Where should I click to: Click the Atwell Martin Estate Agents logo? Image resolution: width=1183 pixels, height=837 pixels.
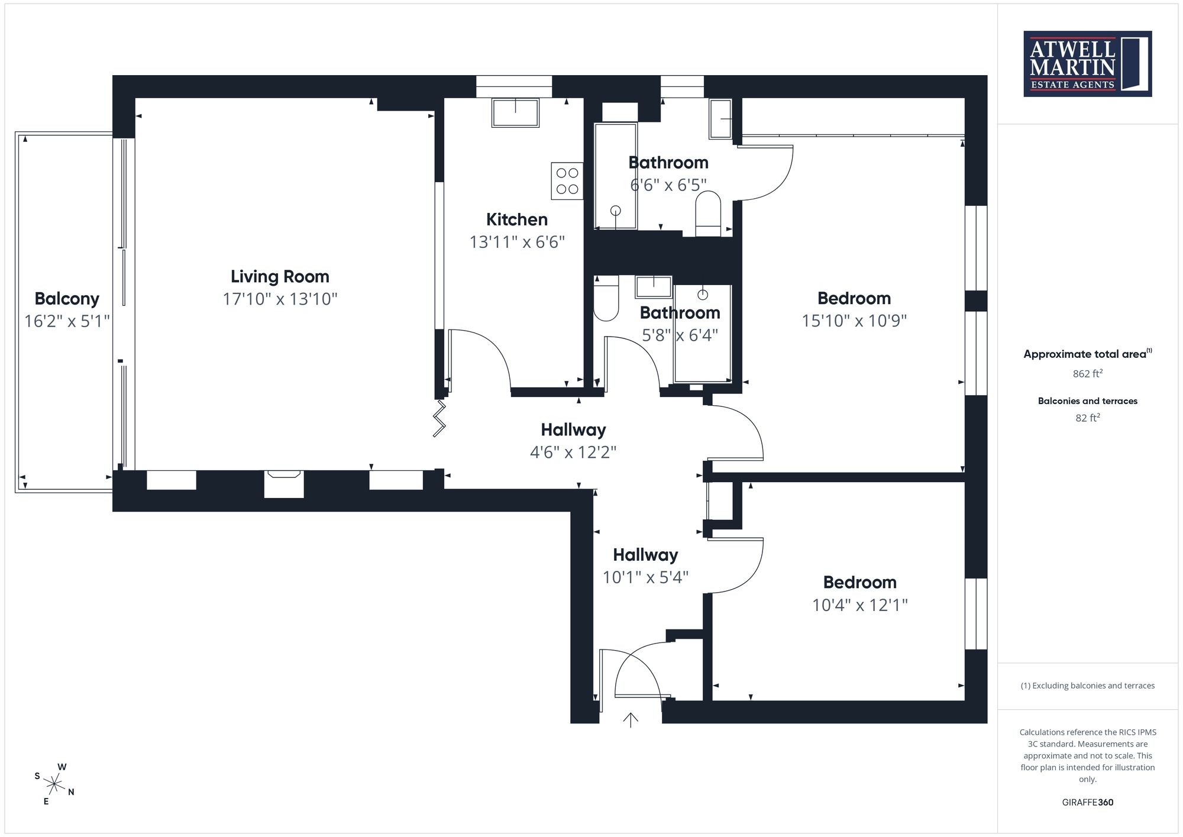(x=1087, y=64)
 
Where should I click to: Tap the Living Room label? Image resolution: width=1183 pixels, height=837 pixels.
(x=280, y=276)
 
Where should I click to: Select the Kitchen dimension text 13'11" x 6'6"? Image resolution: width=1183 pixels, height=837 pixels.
(x=517, y=242)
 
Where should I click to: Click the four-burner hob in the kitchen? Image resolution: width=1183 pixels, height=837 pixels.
(x=567, y=181)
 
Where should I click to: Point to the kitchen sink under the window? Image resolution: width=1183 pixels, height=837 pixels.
(x=515, y=112)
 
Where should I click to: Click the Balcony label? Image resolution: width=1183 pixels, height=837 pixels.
(x=67, y=299)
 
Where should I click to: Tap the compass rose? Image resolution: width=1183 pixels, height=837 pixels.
(x=54, y=785)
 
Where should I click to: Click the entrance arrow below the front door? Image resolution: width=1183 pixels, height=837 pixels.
(x=631, y=720)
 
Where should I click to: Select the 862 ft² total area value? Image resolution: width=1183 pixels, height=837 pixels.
(x=1088, y=374)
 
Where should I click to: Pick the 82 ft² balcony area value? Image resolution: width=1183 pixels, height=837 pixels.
(x=1088, y=418)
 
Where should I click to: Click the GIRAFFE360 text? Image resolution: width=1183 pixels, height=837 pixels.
(x=1088, y=803)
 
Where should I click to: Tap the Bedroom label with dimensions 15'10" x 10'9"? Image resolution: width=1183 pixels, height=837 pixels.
(x=854, y=298)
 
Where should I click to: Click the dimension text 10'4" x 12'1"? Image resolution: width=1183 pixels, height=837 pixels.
(x=860, y=605)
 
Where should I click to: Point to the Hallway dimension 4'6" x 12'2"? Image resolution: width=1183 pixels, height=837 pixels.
(x=573, y=453)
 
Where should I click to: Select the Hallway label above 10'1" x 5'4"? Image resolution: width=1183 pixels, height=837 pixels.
(x=645, y=555)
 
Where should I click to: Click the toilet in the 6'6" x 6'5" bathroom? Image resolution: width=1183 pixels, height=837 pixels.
(x=708, y=214)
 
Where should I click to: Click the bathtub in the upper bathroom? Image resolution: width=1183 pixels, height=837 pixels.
(x=616, y=176)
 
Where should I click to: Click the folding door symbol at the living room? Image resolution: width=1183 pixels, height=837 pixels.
(x=439, y=418)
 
